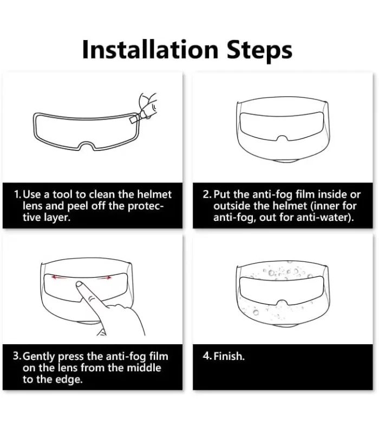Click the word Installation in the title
tap(151, 49)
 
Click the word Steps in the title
tap(259, 50)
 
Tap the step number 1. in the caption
tap(18, 195)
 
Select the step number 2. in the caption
tap(207, 195)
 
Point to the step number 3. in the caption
tap(17, 356)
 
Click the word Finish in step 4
tap(228, 356)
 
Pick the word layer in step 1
tap(57, 218)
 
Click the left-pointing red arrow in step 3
tap(59, 278)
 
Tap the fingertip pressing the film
tap(79, 285)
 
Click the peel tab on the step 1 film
tap(133, 119)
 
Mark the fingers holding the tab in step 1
tap(147, 105)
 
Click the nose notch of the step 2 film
tap(282, 138)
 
